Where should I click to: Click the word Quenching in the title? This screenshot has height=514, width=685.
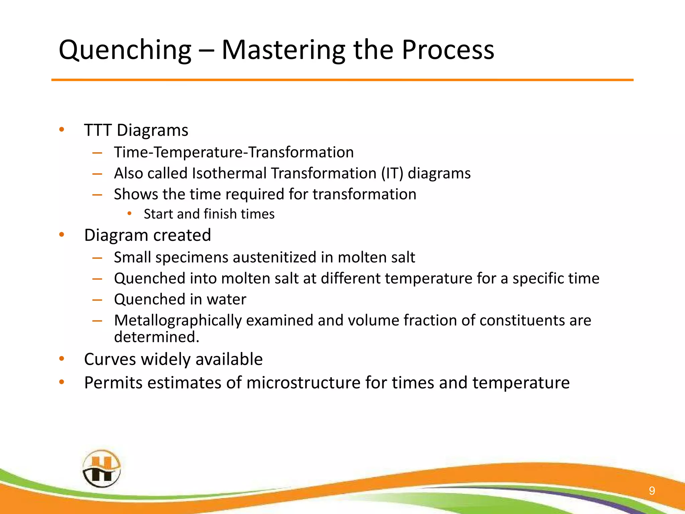click(x=125, y=50)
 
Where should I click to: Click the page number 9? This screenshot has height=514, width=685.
click(x=652, y=491)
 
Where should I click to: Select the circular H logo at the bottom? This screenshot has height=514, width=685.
click(x=101, y=468)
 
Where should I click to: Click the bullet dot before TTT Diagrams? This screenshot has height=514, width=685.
click(x=62, y=130)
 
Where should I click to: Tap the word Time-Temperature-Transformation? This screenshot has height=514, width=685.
click(x=234, y=152)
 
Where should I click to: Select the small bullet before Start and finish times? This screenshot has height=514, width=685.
click(x=129, y=213)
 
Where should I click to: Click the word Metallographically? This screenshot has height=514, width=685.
click(x=178, y=321)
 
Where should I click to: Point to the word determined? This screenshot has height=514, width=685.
click(x=156, y=337)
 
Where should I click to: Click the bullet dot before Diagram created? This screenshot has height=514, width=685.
click(x=62, y=235)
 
